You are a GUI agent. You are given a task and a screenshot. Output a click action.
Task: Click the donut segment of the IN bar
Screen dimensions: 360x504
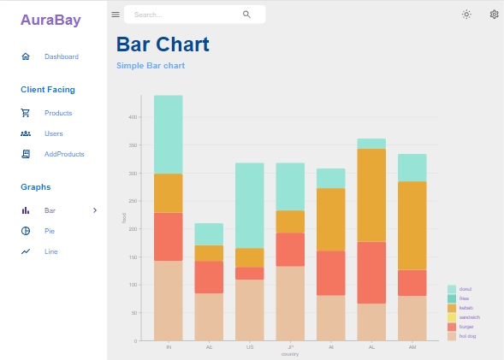tap(168, 134)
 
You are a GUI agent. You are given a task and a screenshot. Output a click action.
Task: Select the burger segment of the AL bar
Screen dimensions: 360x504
tap(371, 273)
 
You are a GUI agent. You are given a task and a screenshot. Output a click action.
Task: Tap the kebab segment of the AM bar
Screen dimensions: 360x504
tap(412, 225)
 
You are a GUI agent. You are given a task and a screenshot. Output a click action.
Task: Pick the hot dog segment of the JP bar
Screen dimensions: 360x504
tap(290, 304)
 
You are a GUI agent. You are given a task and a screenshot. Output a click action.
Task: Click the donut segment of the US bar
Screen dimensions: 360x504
tap(249, 205)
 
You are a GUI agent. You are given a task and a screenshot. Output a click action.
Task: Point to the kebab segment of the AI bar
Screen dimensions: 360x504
tap(330, 219)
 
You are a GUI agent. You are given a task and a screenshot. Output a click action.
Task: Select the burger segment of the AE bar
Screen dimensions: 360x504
tap(209, 277)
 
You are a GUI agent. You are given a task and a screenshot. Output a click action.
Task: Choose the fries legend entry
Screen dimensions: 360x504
tap(465, 298)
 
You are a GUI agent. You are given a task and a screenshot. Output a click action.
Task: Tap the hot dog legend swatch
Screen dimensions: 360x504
tap(452, 336)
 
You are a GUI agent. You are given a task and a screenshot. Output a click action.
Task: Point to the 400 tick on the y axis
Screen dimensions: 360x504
tap(133, 117)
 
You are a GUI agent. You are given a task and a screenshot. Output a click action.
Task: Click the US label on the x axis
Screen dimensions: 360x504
tap(249, 347)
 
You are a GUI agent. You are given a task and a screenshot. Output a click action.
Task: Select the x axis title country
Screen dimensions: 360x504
tap(290, 354)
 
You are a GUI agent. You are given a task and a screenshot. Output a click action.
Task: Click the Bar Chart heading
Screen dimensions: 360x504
tap(163, 44)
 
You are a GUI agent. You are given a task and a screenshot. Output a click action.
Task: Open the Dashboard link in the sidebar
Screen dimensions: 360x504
tap(61, 56)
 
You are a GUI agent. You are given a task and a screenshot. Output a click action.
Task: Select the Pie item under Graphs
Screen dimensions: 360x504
tap(50, 231)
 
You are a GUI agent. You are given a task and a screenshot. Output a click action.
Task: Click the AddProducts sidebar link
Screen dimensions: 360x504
tap(64, 154)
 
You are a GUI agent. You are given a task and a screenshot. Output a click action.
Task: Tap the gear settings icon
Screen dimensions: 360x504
tap(494, 15)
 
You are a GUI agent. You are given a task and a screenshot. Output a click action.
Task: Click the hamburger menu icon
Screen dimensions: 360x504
tap(116, 15)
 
